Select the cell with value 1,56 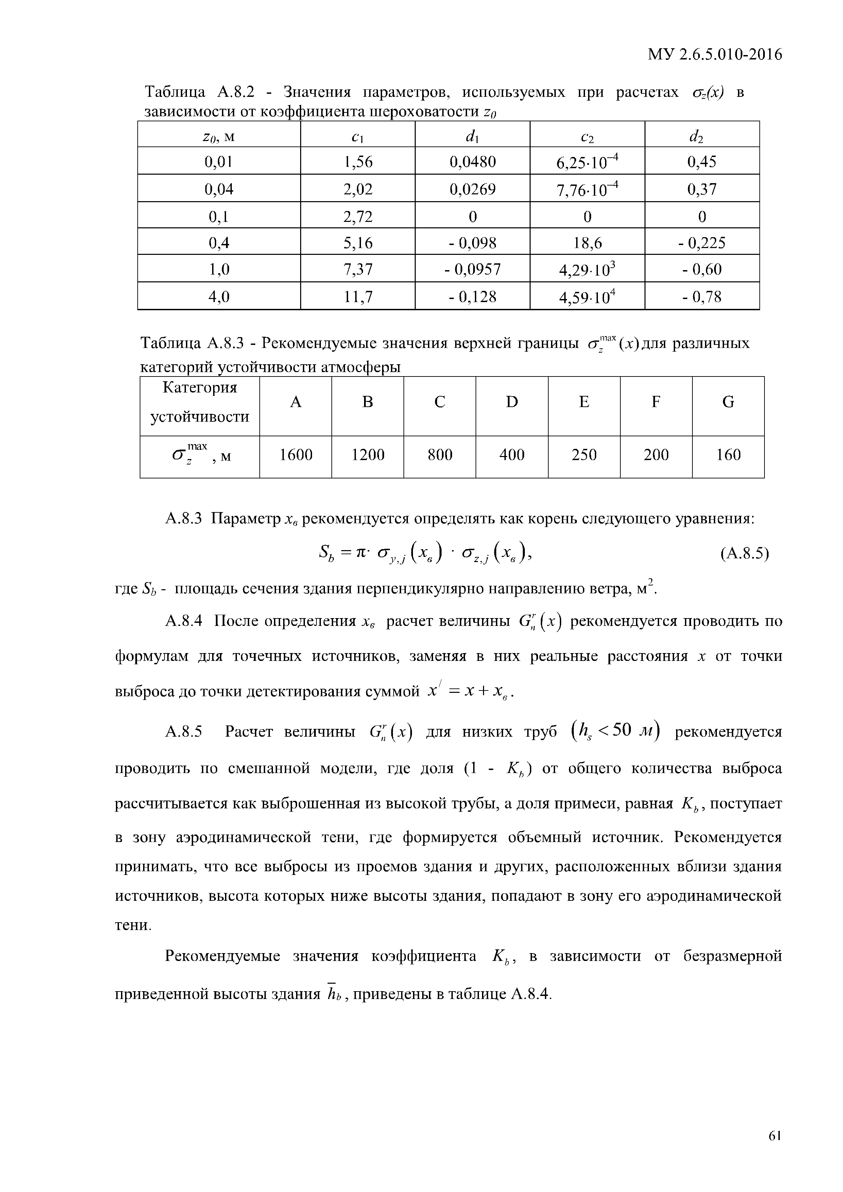(x=358, y=162)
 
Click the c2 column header (x=587, y=136)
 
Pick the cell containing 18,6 (x=587, y=243)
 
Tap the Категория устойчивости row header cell (x=200, y=402)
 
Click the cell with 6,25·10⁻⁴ (x=587, y=162)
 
